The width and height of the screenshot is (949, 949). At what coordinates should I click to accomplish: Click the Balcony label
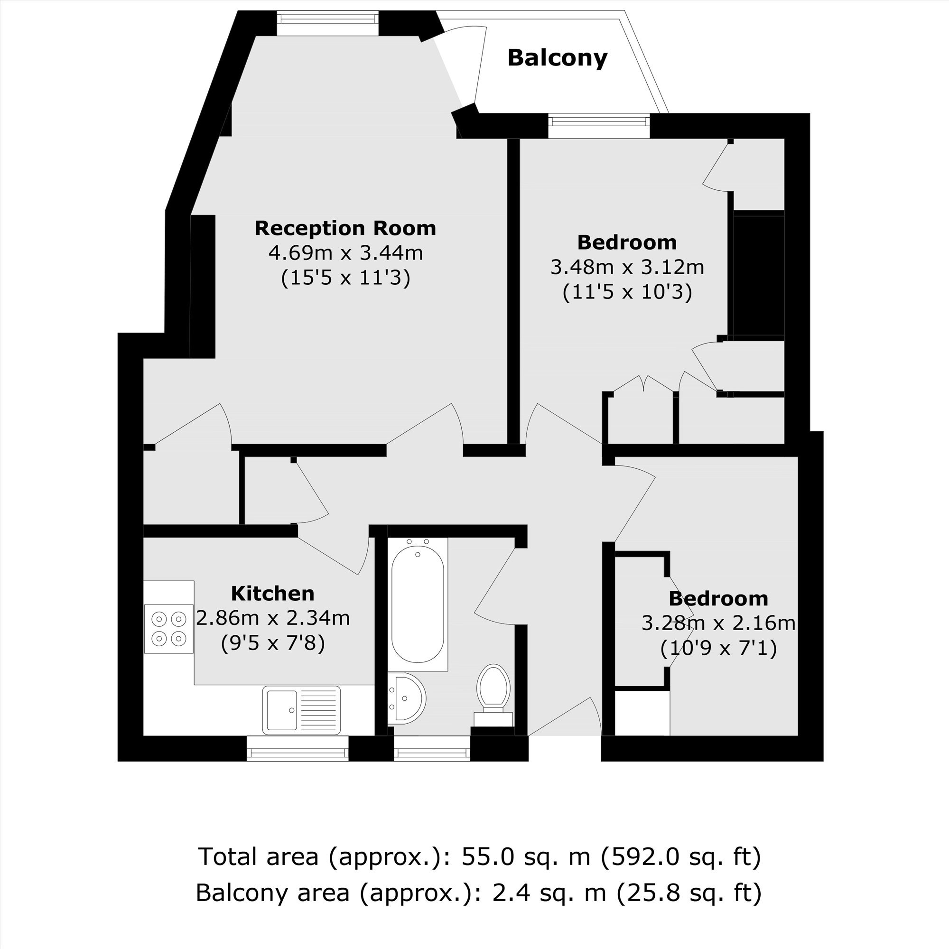click(x=558, y=58)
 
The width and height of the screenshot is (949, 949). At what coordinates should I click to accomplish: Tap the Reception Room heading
click(x=345, y=228)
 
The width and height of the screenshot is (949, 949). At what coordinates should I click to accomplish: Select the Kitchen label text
click(x=273, y=594)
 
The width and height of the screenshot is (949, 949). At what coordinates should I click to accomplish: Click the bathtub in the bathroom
click(x=418, y=604)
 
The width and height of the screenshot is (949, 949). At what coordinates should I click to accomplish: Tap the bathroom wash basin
click(x=406, y=698)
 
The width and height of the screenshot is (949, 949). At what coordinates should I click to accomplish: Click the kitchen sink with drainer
click(x=301, y=710)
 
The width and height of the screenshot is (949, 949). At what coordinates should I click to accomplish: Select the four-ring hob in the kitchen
click(x=168, y=628)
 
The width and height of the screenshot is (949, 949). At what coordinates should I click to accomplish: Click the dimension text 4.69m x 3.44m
click(x=345, y=253)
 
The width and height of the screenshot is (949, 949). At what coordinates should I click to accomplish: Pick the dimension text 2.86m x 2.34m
click(x=273, y=618)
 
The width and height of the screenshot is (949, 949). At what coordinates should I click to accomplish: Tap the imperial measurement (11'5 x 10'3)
click(x=627, y=292)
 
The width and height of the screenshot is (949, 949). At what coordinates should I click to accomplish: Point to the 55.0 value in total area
click(x=489, y=856)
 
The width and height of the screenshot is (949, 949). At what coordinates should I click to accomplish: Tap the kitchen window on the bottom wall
click(x=298, y=749)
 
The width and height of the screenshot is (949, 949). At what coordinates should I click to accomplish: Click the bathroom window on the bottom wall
click(x=432, y=749)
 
